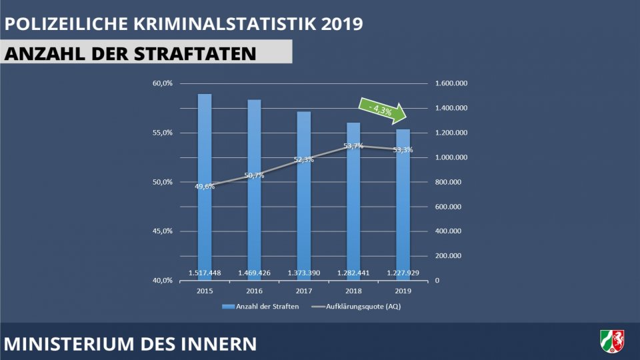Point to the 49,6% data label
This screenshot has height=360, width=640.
point(205,187)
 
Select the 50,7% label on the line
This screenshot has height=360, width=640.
point(255,175)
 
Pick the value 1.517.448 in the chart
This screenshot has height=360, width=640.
point(205,273)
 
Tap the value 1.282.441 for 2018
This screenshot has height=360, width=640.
point(353,273)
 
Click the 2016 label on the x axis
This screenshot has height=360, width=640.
point(254,291)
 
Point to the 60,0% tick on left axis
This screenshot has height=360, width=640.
point(163,83)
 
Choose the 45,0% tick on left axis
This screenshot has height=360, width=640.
point(163,231)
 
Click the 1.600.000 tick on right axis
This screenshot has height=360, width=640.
point(451,83)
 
